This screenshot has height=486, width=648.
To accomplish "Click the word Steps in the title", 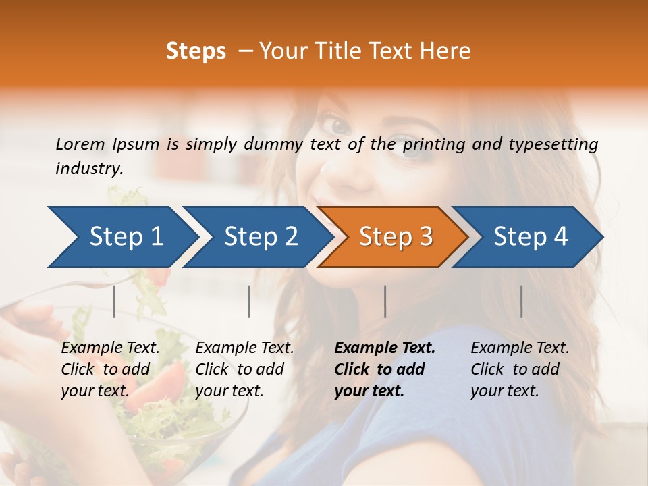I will coord(196,51).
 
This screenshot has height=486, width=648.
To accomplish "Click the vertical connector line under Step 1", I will coord(113,301).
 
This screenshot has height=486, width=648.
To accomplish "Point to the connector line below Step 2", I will coord(249,301).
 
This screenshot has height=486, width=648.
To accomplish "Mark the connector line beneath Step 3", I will coord(385,301).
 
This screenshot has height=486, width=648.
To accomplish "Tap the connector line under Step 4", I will coord(521,301).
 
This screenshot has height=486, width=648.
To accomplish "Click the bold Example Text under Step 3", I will coord(385,369).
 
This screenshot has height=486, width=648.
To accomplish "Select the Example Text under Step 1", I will coord(110,369).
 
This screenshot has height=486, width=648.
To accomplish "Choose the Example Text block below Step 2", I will coord(244,369).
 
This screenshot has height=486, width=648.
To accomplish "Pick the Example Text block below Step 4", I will coord(520,369).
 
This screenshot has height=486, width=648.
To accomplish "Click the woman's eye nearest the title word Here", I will coord(412,150).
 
